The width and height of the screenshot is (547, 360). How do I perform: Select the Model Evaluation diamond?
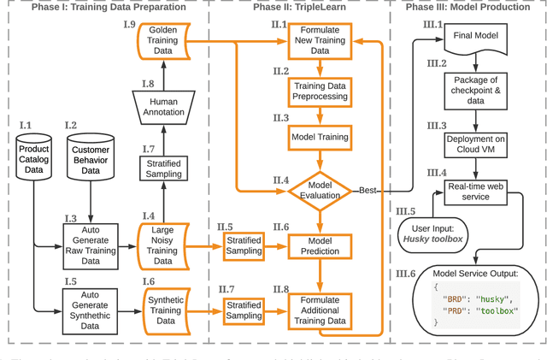[318, 189]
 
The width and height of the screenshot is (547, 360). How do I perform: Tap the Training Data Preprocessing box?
[318, 91]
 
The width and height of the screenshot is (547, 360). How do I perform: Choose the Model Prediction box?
[318, 245]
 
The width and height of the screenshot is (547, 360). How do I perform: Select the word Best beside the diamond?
[368, 190]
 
